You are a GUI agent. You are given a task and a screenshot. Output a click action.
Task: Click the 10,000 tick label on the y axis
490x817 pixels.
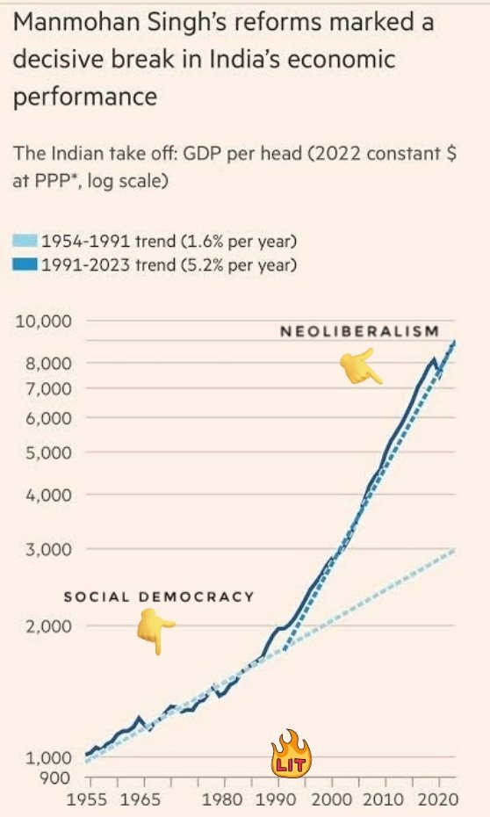[x=43, y=321]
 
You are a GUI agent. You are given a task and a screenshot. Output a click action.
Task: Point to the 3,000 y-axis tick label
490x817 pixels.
[x=48, y=549]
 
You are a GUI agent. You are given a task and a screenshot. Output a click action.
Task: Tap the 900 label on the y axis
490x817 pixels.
[x=55, y=778]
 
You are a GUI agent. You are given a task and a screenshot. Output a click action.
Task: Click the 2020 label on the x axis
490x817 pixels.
[x=439, y=799]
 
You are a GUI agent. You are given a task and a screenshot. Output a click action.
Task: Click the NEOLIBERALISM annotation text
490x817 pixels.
[x=360, y=331]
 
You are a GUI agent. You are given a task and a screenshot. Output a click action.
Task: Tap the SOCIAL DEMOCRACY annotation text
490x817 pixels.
[x=159, y=596]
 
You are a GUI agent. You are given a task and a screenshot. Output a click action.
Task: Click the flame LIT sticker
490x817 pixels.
[x=291, y=753]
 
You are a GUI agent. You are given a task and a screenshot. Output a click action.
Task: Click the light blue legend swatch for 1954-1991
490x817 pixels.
[x=25, y=241]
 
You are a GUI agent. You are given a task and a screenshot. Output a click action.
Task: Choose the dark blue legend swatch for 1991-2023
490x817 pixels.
[x=25, y=264]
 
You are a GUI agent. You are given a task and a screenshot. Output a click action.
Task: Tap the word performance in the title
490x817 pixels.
[x=85, y=98]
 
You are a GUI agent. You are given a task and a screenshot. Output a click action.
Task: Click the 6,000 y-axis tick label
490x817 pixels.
[x=48, y=418]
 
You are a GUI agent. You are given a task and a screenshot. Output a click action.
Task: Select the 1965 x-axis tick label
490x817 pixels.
[x=141, y=799]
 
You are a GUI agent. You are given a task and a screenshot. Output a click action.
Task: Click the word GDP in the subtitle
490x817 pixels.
[x=200, y=154]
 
